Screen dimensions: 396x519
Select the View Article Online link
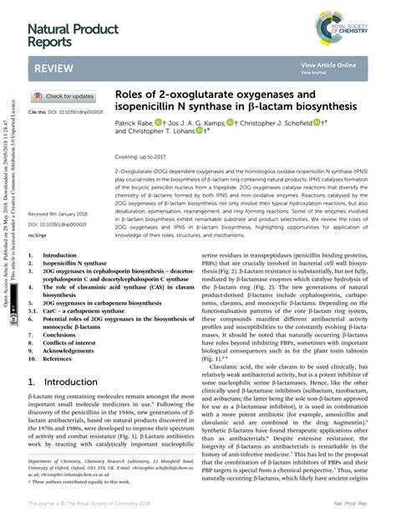(329, 64)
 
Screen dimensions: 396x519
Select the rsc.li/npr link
(38, 237)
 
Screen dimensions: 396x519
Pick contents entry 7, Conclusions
(59, 334)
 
